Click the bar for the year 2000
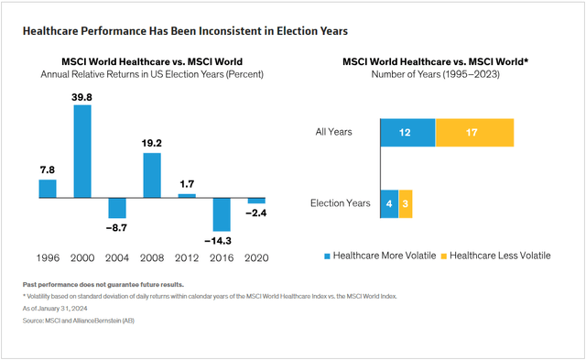click(x=81, y=151)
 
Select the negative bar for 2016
click(x=222, y=214)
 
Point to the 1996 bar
click(x=47, y=188)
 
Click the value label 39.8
click(x=81, y=96)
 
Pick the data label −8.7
click(x=117, y=227)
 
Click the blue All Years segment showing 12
click(x=407, y=132)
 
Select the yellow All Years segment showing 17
click(x=474, y=132)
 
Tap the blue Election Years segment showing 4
click(x=389, y=204)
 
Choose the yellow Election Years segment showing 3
click(x=406, y=204)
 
